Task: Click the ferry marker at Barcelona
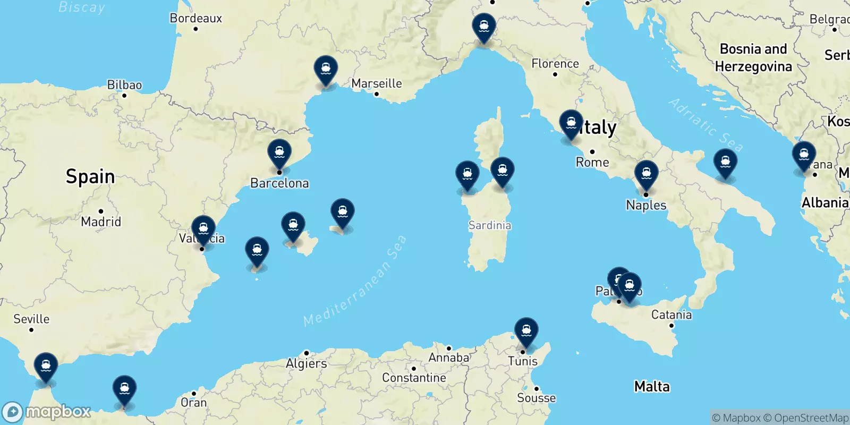coord(279,152)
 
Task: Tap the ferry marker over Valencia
coord(203,229)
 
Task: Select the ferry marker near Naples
coord(646,174)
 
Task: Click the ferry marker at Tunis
coord(526,330)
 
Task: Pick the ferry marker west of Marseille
coord(326,70)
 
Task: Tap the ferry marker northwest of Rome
coord(571,123)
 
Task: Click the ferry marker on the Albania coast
coord(804,155)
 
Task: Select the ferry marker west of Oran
coord(124,389)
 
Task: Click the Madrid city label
coord(101,222)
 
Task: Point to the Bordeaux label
coord(195,18)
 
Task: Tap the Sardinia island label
coord(489,225)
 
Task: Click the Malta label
coord(652,386)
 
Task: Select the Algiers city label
coord(307,363)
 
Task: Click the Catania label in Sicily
coord(671,314)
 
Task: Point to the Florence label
coord(555,64)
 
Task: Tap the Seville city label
coord(31,319)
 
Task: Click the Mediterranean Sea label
coord(355,280)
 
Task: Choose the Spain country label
coord(90,176)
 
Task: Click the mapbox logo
coord(47,412)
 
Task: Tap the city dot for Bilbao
coord(124,96)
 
